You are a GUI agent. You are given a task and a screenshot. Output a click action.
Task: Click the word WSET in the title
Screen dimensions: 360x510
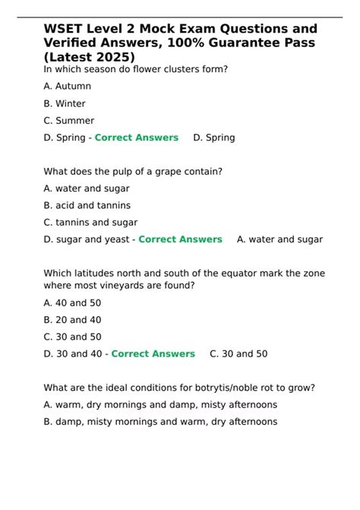pos(63,29)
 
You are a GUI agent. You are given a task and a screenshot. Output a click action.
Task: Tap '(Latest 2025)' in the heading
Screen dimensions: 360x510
pos(90,56)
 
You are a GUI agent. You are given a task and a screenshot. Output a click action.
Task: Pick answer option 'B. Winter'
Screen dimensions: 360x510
pos(65,103)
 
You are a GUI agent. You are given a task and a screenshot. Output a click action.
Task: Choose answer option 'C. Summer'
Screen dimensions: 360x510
pos(69,120)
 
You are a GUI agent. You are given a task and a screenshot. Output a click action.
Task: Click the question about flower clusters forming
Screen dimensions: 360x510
pos(136,70)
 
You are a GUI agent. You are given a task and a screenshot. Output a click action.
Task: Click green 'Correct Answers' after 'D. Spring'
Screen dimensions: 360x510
pos(136,138)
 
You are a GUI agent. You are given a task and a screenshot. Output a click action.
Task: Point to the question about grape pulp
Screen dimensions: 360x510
pos(133,172)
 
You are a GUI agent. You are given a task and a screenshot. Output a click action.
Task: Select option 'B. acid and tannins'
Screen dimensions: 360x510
pos(87,205)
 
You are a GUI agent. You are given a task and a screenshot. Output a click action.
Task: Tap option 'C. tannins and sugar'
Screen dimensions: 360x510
pos(91,222)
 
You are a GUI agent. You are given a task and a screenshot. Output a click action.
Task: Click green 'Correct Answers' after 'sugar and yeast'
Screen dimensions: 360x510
pos(180,239)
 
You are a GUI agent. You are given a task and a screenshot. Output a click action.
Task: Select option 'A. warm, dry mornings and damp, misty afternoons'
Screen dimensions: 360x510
pos(160,404)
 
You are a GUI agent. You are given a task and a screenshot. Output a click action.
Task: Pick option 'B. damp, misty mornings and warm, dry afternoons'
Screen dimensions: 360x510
pos(160,422)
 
